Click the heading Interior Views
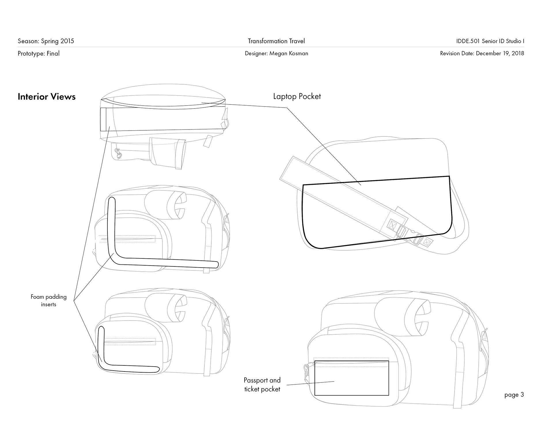coord(47,97)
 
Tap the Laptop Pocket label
coord(297,96)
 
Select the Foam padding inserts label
coord(48,300)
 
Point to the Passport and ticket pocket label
coord(262,385)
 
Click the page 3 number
coord(514,395)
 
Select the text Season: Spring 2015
coord(46,41)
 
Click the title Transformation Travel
coord(276,41)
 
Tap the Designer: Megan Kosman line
coord(276,54)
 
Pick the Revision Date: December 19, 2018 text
coord(482,54)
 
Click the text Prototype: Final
coord(39,54)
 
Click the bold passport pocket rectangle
coord(352,378)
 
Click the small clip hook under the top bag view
coord(118,154)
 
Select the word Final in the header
coord(53,54)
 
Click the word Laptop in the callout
coord(285,96)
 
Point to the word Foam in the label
coord(37,297)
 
